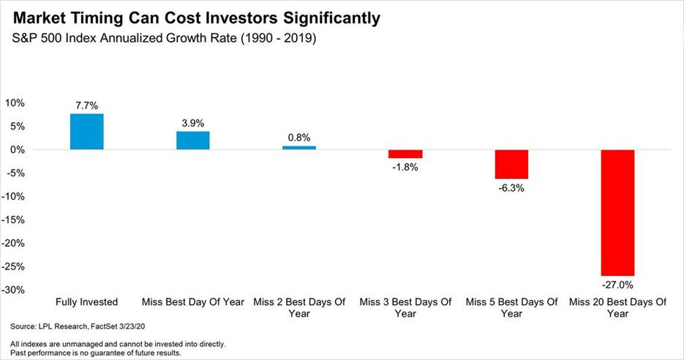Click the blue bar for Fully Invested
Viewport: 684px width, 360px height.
87,132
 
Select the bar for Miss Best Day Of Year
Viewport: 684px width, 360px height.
193,140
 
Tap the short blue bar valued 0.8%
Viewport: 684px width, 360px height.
299,148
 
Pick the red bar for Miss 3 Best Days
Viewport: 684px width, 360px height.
405,154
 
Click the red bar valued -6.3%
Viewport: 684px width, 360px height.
511,165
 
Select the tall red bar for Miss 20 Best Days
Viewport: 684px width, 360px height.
617,213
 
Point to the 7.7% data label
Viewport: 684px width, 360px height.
87,105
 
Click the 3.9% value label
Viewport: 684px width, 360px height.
193,123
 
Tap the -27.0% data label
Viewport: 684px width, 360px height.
617,285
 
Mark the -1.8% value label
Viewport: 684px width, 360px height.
405,167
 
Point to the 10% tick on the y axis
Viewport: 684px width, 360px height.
15,103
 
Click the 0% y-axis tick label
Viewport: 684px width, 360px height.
18,150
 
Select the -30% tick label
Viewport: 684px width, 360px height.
13,290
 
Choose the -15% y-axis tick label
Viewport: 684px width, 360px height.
13,220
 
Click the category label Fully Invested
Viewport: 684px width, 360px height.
87,302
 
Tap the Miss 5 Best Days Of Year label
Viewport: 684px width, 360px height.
511,307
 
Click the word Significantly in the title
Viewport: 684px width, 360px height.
331,18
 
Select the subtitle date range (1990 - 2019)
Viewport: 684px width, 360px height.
278,38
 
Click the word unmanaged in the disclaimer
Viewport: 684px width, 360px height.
66,345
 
